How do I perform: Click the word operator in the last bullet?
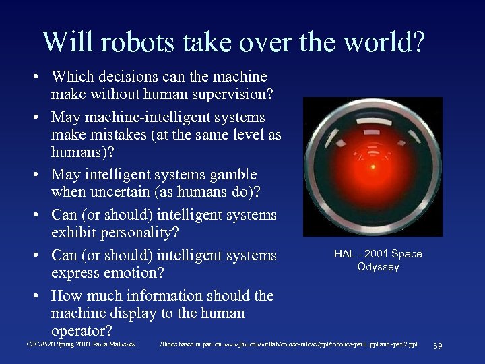[80, 331]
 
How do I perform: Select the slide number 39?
[437, 346]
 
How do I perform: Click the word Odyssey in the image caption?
[378, 267]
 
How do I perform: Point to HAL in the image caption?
[344, 254]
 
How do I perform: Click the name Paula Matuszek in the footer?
[117, 344]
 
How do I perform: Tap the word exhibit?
[74, 233]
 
